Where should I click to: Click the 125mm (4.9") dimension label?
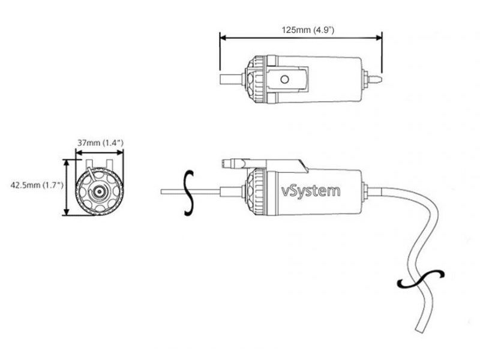303,28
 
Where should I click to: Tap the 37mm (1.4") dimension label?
100,142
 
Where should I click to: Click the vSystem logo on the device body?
311,191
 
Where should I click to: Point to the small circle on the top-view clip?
286,79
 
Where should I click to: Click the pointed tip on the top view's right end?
377,79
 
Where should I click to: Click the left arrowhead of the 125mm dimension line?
223,37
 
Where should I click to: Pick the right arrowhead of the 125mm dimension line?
379,37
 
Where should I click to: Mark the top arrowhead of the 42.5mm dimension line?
66,161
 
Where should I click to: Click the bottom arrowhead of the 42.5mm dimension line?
66,212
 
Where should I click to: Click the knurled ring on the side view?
256,191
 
